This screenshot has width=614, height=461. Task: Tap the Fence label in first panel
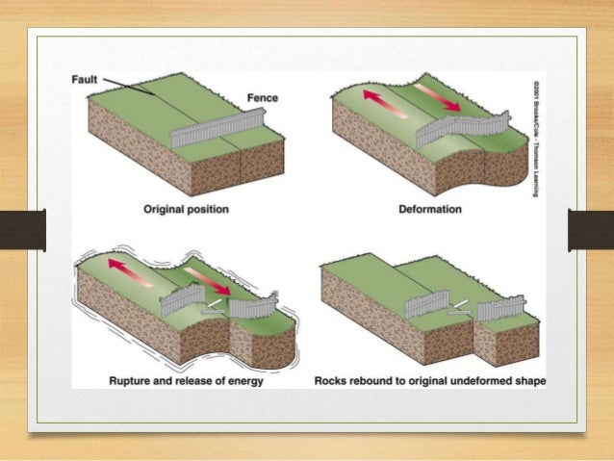pyautogui.click(x=262, y=98)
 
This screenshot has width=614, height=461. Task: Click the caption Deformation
pyautogui.click(x=429, y=209)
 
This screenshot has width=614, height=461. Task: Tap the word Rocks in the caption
pyautogui.click(x=333, y=380)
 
